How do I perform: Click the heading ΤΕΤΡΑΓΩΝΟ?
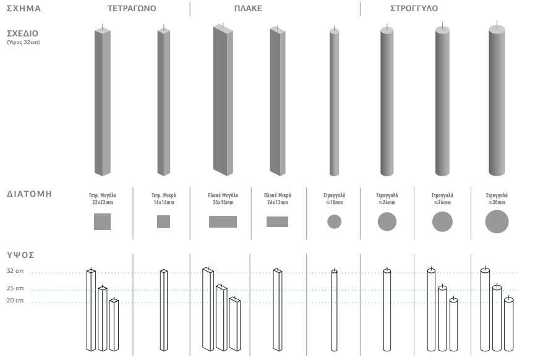click(x=132, y=9)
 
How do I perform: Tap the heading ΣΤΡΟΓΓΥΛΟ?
click(x=414, y=9)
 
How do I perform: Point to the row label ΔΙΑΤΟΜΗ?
click(x=28, y=194)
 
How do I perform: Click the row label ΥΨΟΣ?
click(x=20, y=254)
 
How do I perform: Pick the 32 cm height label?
click(x=15, y=272)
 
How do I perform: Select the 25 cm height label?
click(x=15, y=288)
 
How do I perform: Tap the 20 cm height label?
click(x=15, y=301)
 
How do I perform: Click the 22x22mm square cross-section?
click(x=102, y=221)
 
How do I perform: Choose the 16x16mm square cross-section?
click(x=163, y=221)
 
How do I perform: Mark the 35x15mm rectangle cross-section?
click(x=223, y=221)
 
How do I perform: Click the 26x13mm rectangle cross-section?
click(x=277, y=221)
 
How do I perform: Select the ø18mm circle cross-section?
click(x=334, y=221)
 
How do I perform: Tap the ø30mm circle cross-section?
click(x=497, y=221)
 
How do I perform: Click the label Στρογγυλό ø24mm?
click(x=387, y=198)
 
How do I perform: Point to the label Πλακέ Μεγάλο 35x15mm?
click(x=223, y=198)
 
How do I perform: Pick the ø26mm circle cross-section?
click(x=442, y=221)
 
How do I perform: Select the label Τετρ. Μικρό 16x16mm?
click(x=163, y=198)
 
